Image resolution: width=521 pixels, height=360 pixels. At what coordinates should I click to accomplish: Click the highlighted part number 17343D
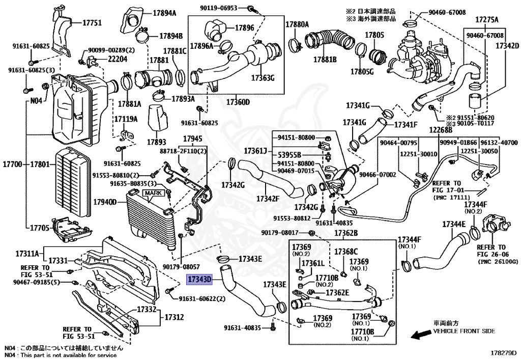pyautogui.click(x=198, y=280)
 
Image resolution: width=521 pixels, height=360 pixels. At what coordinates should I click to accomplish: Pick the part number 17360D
pyautogui.click(x=237, y=102)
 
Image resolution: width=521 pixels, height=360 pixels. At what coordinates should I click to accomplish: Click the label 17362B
pyautogui.click(x=346, y=233)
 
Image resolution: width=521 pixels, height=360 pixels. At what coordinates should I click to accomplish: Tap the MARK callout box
pyautogui.click(x=152, y=193)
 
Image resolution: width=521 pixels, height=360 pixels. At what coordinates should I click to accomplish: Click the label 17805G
pyautogui.click(x=362, y=71)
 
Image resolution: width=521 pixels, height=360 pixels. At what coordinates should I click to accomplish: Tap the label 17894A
pyautogui.click(x=163, y=14)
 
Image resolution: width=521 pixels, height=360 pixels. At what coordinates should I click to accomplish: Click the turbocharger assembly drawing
pyautogui.click(x=417, y=56)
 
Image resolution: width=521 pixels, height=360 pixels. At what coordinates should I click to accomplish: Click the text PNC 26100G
pyautogui.click(x=498, y=261)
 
